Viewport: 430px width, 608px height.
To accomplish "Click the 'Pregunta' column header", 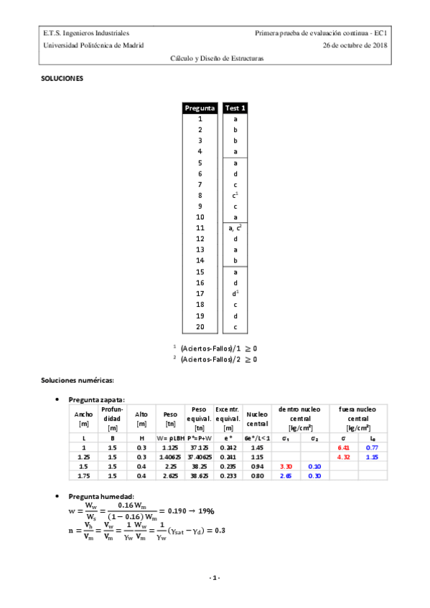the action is (200, 108).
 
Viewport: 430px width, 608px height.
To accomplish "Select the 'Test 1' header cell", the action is (235, 108).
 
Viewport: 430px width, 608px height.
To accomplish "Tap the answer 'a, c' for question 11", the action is (235, 227).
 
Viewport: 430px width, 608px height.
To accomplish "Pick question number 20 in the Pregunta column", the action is (200, 327).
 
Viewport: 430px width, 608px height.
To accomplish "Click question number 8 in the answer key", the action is (200, 195).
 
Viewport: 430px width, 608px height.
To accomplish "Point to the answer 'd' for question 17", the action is (235, 293).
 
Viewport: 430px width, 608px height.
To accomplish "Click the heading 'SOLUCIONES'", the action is (62, 78).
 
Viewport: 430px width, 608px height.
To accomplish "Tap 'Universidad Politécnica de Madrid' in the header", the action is (93, 44).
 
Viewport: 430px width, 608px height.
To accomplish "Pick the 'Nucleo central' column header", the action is (256, 418).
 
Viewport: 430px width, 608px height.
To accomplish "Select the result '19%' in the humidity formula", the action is (205, 511).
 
